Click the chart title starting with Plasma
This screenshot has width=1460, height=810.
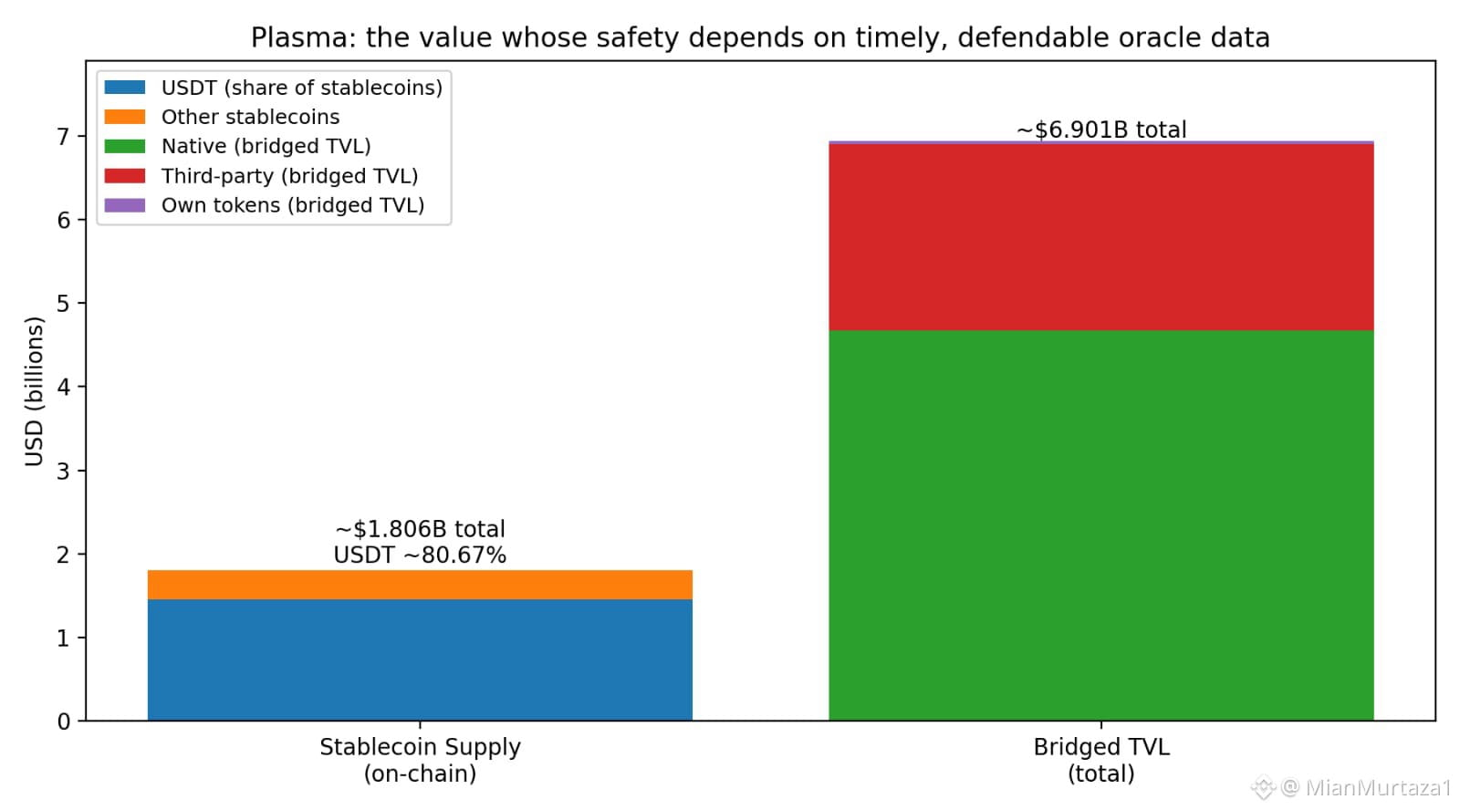tap(760, 37)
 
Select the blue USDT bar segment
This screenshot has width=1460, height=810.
tap(420, 659)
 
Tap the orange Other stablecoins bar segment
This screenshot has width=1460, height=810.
tap(420, 585)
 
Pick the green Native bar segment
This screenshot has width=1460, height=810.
tap(1100, 524)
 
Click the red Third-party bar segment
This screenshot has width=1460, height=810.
tap(1100, 237)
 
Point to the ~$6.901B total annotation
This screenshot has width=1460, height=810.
tap(1101, 130)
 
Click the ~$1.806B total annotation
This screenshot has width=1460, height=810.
tap(420, 529)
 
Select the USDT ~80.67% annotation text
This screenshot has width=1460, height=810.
tap(420, 555)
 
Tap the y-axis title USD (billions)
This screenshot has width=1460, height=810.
tap(34, 391)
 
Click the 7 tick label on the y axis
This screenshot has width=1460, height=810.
tap(63, 137)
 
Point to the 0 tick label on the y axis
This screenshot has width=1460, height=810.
tap(63, 722)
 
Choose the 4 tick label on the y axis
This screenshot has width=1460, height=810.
tap(63, 387)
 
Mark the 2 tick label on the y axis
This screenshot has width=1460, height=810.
tap(63, 555)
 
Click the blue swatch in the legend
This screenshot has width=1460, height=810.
tap(125, 88)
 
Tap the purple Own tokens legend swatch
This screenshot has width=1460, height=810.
tap(125, 205)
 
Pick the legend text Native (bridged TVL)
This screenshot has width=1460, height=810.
tap(266, 146)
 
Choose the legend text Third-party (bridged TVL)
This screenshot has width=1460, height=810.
tap(289, 176)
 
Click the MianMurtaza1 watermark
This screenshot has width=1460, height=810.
tap(1365, 786)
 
